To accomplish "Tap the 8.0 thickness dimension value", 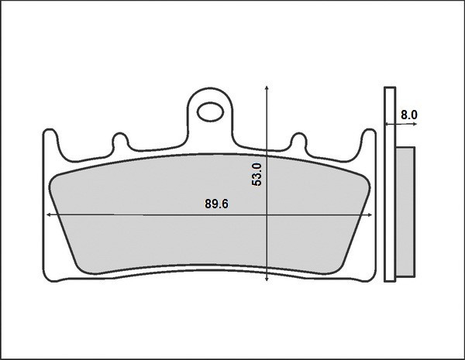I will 409,115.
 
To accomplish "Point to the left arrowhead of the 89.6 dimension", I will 50,214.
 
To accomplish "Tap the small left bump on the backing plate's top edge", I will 120,141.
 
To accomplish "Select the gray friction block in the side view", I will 405,213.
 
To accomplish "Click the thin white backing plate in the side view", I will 390,186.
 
